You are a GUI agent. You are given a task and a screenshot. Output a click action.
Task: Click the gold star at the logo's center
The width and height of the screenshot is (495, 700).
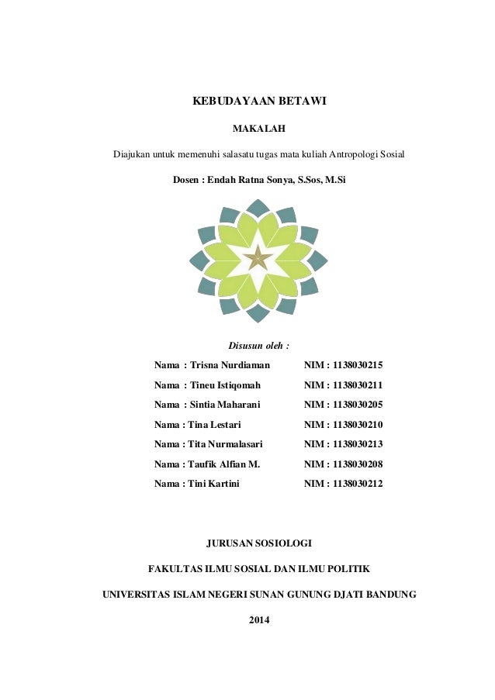[x=255, y=258]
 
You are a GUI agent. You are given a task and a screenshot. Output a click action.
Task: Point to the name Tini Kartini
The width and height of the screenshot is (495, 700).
[x=214, y=484]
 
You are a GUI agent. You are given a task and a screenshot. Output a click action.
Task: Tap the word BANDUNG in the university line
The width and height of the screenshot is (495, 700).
[x=388, y=595]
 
